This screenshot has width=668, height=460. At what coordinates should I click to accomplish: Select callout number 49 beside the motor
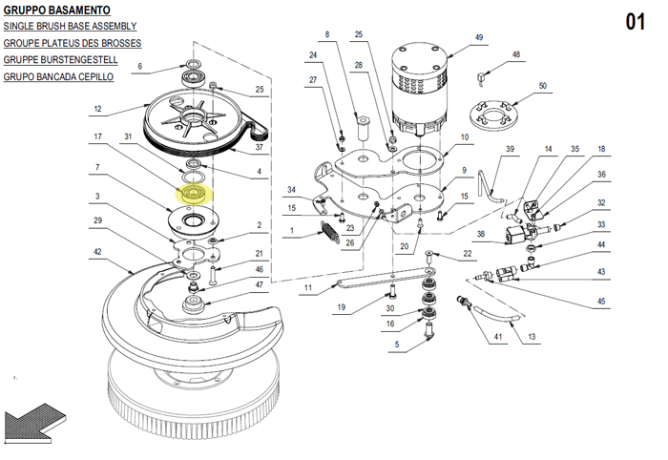(479, 37)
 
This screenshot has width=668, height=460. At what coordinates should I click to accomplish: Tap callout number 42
(97, 253)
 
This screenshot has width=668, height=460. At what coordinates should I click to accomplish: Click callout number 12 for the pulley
(97, 109)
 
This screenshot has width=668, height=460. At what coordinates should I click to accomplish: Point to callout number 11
(308, 287)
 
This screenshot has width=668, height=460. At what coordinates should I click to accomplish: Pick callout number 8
(325, 34)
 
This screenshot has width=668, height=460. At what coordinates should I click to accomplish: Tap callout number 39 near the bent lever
(510, 150)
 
